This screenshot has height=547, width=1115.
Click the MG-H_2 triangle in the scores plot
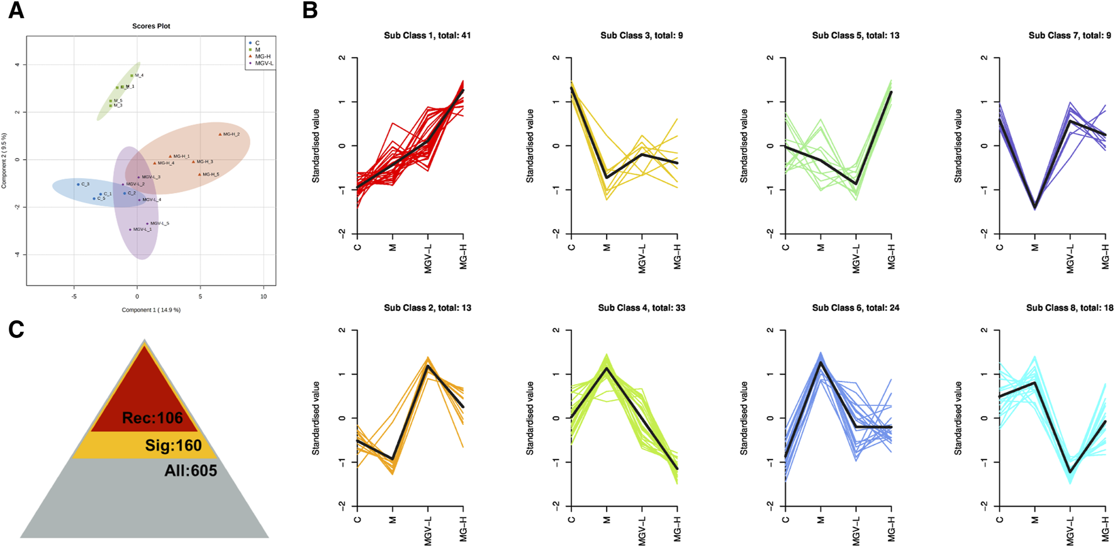pyautogui.click(x=220, y=134)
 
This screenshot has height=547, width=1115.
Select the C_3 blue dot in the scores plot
pyautogui.click(x=78, y=184)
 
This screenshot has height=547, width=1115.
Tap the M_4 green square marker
pyautogui.click(x=132, y=76)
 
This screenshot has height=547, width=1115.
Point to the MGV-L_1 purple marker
pyautogui.click(x=130, y=230)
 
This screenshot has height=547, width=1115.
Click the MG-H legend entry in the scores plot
pyautogui.click(x=263, y=57)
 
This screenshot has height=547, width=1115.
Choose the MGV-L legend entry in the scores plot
pyautogui.click(x=264, y=64)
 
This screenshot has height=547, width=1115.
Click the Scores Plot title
pyautogui.click(x=151, y=26)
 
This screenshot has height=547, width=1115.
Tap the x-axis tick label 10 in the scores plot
pyautogui.click(x=264, y=296)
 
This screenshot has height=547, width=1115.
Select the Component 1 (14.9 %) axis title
pyautogui.click(x=151, y=310)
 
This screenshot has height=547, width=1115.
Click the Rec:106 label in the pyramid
pyautogui.click(x=152, y=418)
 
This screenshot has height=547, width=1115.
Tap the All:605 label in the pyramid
pyautogui.click(x=191, y=471)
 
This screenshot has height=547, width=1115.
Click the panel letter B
pyautogui.click(x=310, y=11)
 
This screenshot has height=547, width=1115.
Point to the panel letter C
pyautogui.click(x=16, y=329)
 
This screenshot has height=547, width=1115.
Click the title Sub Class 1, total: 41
pyautogui.click(x=427, y=36)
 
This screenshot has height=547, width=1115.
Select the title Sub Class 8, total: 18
pyautogui.click(x=1070, y=308)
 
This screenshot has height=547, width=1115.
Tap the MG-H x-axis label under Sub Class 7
pyautogui.click(x=1106, y=256)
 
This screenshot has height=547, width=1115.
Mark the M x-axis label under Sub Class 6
pyautogui.click(x=821, y=521)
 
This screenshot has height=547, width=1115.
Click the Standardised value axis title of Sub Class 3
pyautogui.click(x=530, y=145)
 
